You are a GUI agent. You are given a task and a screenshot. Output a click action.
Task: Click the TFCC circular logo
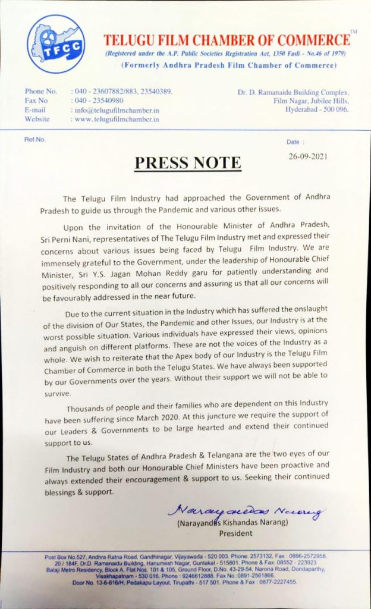(56, 44)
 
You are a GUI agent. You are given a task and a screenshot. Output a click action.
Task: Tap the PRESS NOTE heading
(187, 162)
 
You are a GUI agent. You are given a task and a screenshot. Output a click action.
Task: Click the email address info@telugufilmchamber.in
(115, 110)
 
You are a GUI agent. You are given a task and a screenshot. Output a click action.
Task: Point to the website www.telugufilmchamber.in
(117, 119)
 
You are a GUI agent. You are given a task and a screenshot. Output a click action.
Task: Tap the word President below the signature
(235, 533)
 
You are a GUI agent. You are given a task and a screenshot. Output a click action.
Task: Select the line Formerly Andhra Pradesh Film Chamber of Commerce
(228, 65)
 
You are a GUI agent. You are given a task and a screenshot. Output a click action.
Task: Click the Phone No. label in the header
(41, 92)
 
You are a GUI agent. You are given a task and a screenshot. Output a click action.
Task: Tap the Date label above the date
(295, 142)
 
